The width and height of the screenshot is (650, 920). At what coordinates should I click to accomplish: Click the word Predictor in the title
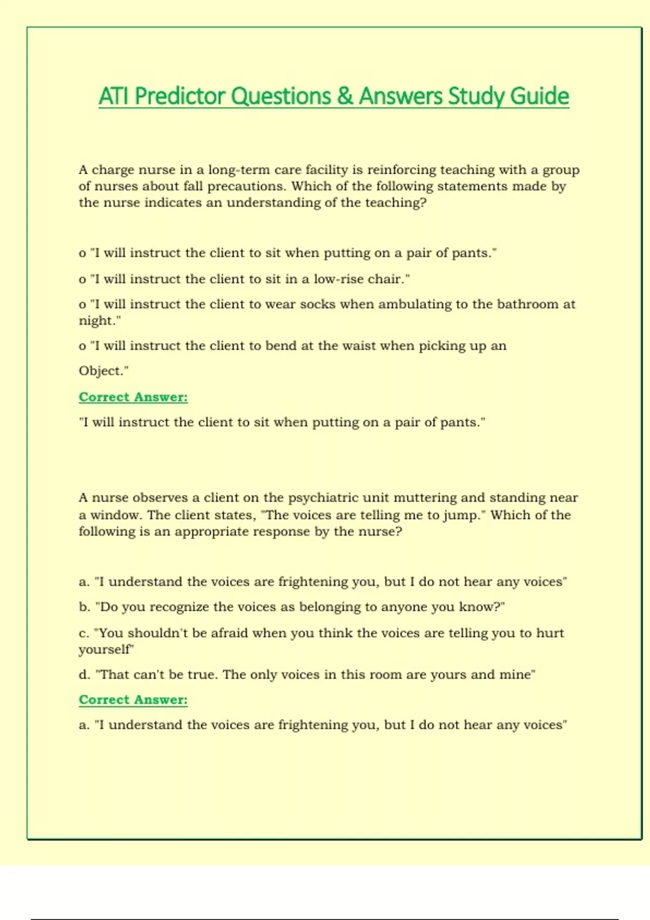click(179, 96)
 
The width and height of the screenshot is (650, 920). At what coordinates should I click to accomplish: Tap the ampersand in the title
click(344, 96)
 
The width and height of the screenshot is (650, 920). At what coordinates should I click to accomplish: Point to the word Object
click(102, 371)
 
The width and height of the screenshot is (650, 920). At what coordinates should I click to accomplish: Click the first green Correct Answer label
click(133, 397)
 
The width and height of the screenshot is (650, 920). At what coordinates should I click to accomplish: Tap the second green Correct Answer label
click(133, 700)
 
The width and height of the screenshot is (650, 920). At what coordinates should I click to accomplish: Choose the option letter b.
click(84, 607)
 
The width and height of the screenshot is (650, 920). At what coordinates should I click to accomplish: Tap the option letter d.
click(84, 675)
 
